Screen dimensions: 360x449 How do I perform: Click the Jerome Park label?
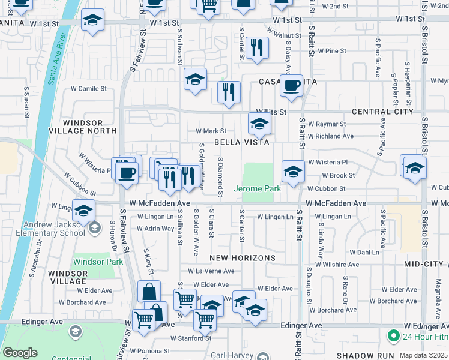(257, 188)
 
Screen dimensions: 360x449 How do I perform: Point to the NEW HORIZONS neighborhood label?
(242, 258)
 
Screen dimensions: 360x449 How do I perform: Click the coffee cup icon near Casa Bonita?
(292, 86)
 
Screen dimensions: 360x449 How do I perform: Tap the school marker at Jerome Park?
(292, 172)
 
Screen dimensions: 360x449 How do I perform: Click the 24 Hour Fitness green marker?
(394, 335)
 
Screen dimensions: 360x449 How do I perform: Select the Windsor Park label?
(98, 262)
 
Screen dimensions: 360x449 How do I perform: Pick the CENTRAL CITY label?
(382, 112)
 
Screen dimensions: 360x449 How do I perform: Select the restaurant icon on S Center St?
(257, 49)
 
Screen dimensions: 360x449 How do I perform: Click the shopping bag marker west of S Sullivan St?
(149, 292)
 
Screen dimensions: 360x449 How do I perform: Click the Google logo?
(20, 353)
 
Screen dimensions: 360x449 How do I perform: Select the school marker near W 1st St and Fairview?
(92, 22)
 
